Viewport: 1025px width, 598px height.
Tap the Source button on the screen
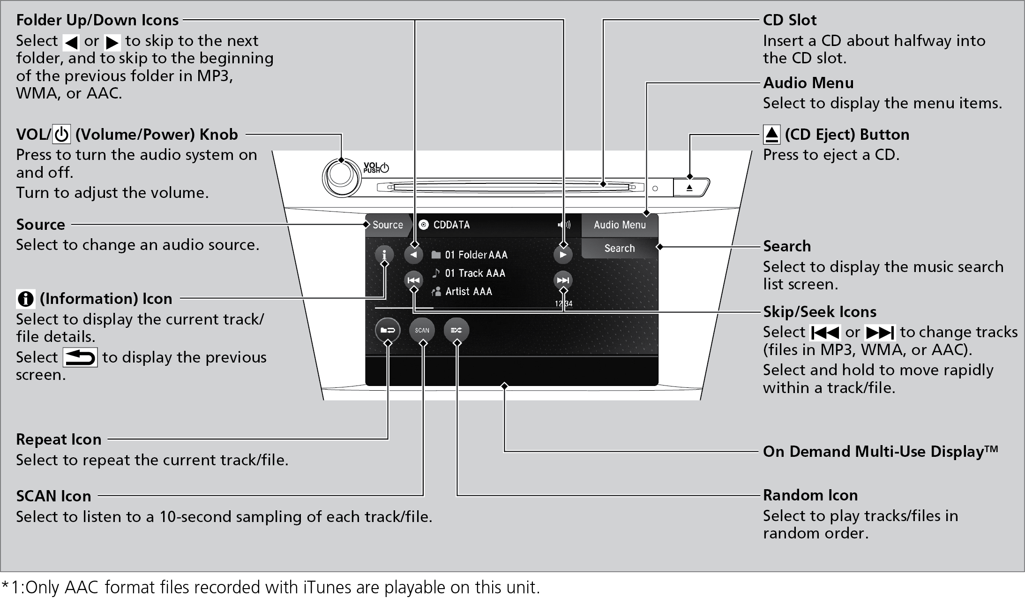click(387, 225)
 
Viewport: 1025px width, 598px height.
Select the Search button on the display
click(619, 248)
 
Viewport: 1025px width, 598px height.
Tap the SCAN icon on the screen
click(422, 330)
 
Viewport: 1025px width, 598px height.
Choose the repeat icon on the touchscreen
click(388, 330)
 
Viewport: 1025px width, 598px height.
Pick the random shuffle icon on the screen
click(456, 330)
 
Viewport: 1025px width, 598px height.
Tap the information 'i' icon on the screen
click(384, 255)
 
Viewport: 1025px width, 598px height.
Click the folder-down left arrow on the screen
click(413, 255)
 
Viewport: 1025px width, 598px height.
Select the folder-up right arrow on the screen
click(563, 255)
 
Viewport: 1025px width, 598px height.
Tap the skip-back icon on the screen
click(413, 280)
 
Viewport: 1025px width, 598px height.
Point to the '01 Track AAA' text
click(475, 273)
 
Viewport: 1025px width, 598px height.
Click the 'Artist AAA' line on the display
click(468, 291)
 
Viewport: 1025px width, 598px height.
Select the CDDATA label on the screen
click(451, 225)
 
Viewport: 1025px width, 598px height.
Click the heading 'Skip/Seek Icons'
click(819, 311)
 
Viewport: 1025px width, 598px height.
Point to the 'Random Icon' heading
click(810, 495)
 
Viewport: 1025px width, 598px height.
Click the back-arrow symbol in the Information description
click(80, 357)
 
